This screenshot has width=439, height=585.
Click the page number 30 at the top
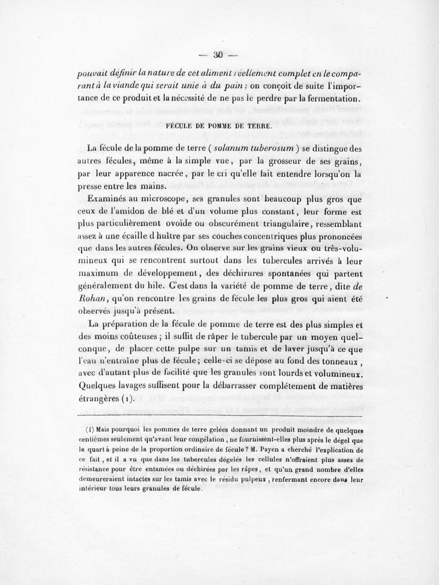pyautogui.click(x=218, y=54)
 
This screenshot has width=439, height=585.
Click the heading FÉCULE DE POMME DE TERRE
pyautogui.click(x=218, y=126)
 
